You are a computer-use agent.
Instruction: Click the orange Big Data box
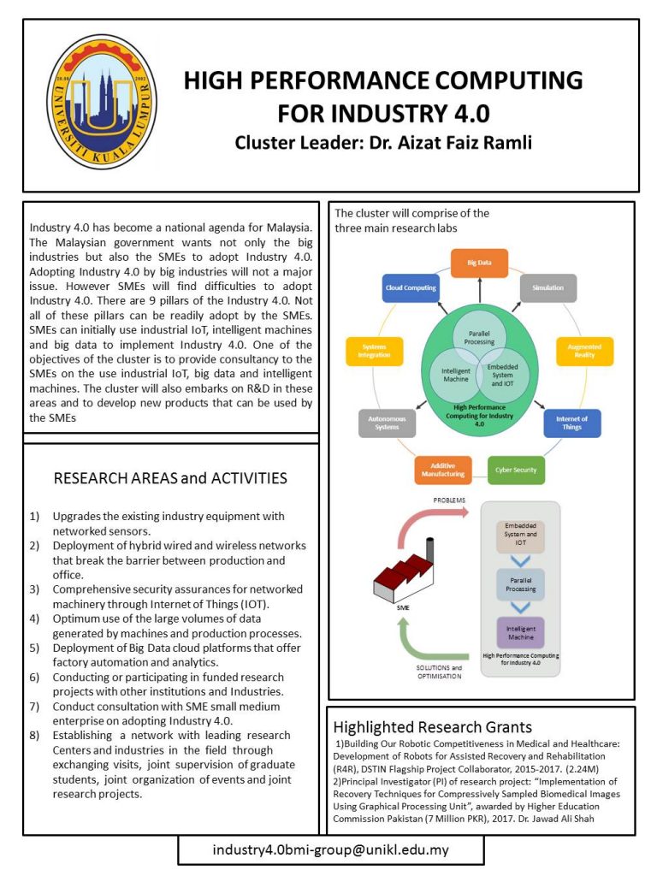point(479,261)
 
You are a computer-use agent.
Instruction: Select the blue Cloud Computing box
point(411,287)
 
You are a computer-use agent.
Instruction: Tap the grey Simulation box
point(548,287)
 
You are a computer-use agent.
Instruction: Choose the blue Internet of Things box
point(571,423)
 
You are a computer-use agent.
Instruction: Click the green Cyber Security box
point(516,470)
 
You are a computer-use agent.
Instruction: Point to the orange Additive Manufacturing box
point(442,470)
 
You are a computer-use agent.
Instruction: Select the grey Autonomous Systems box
point(388,423)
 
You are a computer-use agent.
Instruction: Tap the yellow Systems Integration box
point(375,349)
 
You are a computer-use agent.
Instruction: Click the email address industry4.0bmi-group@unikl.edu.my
point(330,850)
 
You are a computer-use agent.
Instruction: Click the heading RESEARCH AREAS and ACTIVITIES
point(170,477)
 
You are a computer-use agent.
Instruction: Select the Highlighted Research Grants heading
point(432,728)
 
